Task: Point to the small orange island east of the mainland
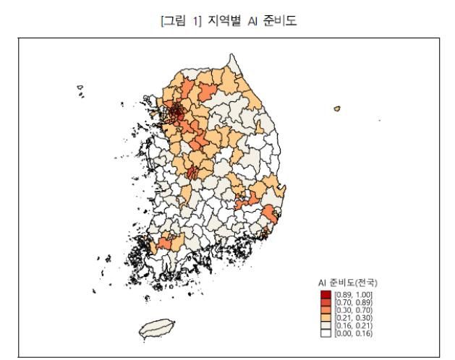click(x=337, y=109)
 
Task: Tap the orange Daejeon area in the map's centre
click(x=192, y=173)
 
